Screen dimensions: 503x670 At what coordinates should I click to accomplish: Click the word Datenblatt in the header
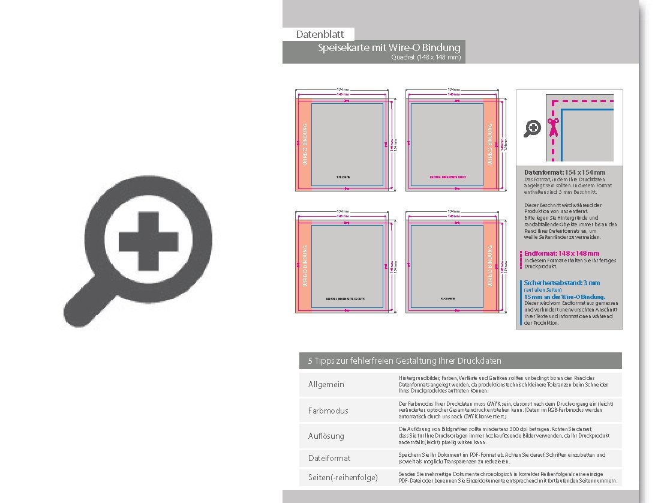[x=319, y=34]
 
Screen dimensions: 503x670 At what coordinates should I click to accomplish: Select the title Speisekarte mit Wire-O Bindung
[x=389, y=47]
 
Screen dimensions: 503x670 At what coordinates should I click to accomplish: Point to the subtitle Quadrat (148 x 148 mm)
[x=425, y=58]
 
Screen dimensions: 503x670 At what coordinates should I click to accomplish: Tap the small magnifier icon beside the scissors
[x=532, y=128]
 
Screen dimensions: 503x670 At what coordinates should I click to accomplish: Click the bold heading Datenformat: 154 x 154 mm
[x=564, y=172]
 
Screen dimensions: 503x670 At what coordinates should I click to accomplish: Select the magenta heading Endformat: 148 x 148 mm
[x=561, y=253]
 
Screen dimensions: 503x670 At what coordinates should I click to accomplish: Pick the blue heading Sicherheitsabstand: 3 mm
[x=561, y=283]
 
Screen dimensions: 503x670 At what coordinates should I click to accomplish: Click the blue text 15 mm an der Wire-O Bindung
[x=564, y=297]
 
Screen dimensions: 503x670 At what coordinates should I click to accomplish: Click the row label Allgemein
[x=326, y=384]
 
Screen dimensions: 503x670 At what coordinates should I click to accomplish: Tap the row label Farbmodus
[x=328, y=411]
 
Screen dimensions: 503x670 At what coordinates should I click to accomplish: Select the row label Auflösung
[x=326, y=436]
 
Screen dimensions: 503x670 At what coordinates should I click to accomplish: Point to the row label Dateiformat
[x=329, y=458]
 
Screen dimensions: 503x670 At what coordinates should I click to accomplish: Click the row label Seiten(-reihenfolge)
[x=343, y=477]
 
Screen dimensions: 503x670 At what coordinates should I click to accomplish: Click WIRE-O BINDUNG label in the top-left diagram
[x=305, y=144]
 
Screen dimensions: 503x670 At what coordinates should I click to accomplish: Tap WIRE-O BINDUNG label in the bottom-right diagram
[x=489, y=265]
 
